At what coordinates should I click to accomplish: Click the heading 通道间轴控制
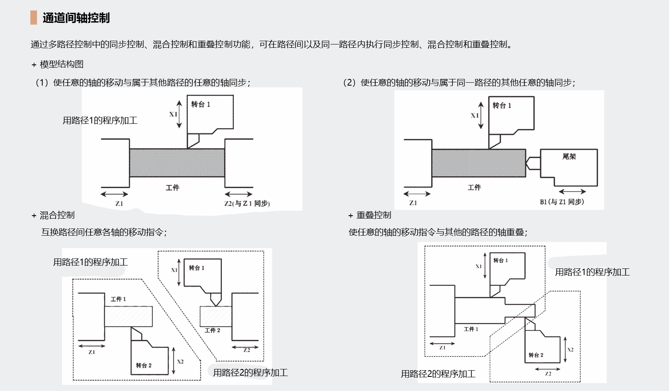pyautogui.click(x=76, y=18)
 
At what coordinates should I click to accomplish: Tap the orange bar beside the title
pyautogui.click(x=34, y=18)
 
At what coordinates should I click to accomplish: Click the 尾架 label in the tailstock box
pyautogui.click(x=569, y=157)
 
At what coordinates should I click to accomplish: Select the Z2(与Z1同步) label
pyautogui.click(x=247, y=204)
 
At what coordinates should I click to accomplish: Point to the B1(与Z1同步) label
pyautogui.click(x=562, y=202)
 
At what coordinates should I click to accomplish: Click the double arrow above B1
pyautogui.click(x=572, y=192)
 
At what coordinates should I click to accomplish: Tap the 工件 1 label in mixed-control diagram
pyautogui.click(x=118, y=299)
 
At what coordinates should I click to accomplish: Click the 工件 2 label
pyautogui.click(x=212, y=330)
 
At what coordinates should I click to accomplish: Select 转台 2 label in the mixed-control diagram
pyautogui.click(x=144, y=366)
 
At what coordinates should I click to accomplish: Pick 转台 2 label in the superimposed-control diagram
pyautogui.click(x=536, y=355)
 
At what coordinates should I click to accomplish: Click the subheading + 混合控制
pyautogui.click(x=53, y=215)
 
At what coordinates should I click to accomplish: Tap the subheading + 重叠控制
pyautogui.click(x=370, y=215)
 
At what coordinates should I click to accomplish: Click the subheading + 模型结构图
pyautogui.click(x=58, y=64)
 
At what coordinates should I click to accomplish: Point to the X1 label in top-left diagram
pyautogui.click(x=173, y=114)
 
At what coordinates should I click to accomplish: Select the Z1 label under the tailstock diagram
pyautogui.click(x=413, y=203)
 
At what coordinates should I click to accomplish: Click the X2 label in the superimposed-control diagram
pyautogui.click(x=571, y=350)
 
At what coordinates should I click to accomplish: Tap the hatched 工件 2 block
pyautogui.click(x=216, y=317)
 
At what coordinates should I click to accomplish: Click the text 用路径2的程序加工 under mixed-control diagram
pyautogui.click(x=250, y=373)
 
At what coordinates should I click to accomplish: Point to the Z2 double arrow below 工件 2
pyautogui.click(x=245, y=347)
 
